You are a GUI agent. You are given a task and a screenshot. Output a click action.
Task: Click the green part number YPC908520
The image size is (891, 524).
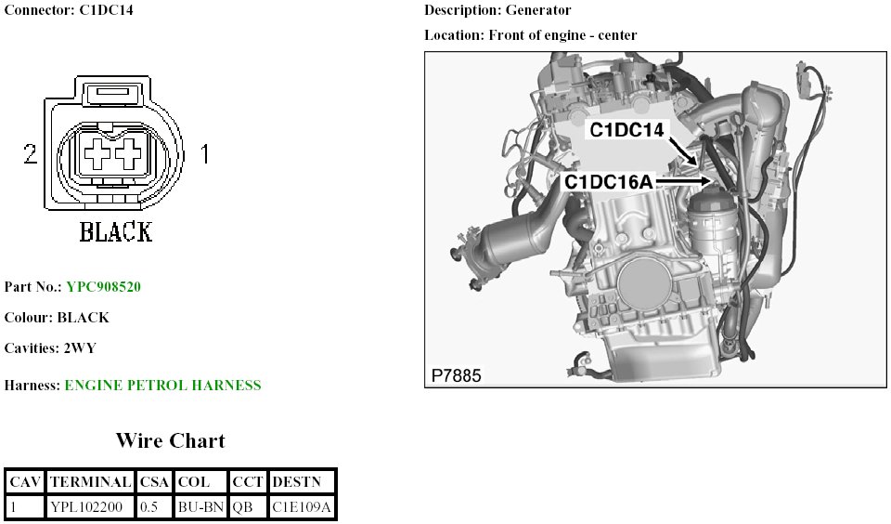click(103, 286)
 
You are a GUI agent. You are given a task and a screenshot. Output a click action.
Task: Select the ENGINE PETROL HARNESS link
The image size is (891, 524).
click(162, 386)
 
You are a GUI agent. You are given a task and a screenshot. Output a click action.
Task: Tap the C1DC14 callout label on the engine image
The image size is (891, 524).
click(626, 130)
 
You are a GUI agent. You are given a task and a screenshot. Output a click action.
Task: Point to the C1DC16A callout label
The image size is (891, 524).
click(609, 182)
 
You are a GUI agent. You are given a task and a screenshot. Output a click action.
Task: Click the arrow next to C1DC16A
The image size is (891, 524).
click(684, 181)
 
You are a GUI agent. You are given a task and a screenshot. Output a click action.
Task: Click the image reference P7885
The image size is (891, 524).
click(457, 375)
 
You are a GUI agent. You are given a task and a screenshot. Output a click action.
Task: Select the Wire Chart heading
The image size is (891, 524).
click(171, 440)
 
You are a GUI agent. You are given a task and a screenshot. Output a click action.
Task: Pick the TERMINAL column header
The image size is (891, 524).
click(90, 482)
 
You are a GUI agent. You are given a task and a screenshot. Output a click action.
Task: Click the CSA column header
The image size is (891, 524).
click(155, 482)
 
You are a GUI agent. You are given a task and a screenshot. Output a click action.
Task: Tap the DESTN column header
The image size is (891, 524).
click(297, 482)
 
